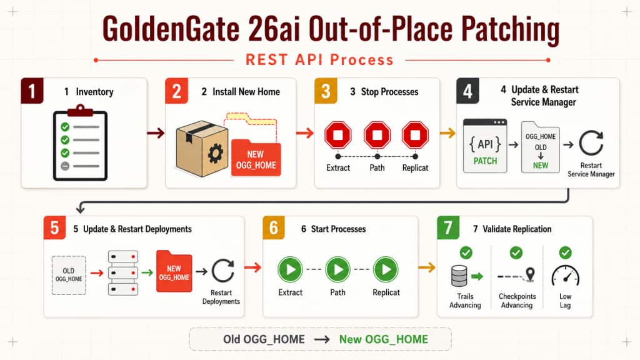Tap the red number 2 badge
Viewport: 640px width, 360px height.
[x=176, y=91]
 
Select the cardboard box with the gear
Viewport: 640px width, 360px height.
[x=202, y=149]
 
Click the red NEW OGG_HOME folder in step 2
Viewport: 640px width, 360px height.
[x=256, y=158]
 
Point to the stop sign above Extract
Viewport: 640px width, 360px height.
[x=338, y=135]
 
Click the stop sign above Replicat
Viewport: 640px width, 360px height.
[x=415, y=135]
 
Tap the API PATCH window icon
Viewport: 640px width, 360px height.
[x=485, y=146]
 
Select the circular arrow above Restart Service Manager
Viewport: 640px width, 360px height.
[x=591, y=143]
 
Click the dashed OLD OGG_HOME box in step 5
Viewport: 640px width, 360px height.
[x=69, y=275]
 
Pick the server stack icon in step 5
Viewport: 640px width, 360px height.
[x=123, y=272]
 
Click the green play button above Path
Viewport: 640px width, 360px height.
[x=337, y=269]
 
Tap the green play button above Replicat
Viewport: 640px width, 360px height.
[x=386, y=269]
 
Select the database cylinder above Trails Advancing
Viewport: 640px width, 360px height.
[x=459, y=276]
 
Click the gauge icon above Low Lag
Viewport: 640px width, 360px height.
[x=565, y=276]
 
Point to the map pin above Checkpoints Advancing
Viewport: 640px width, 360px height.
[x=530, y=274]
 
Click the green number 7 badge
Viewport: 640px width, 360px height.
[x=448, y=227]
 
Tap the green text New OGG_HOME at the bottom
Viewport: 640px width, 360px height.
[x=384, y=339]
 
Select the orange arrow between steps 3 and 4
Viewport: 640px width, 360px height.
[x=447, y=132]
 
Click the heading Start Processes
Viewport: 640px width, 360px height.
[x=338, y=229]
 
